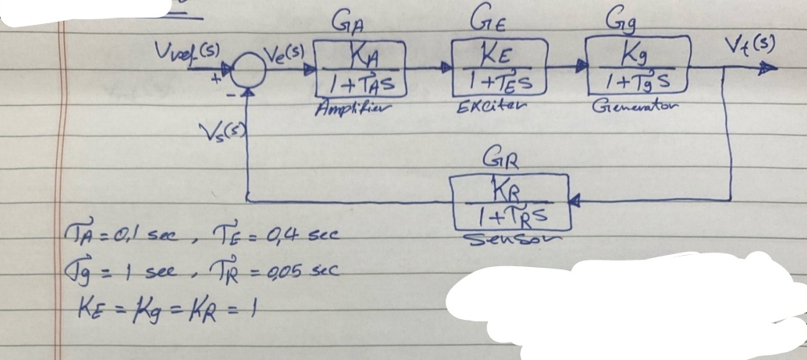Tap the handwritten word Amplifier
pyautogui.click(x=353, y=108)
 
